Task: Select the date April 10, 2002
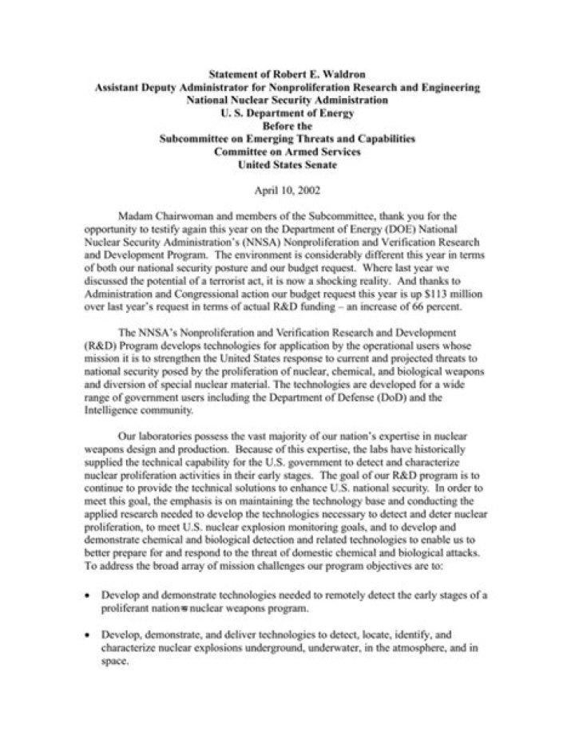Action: (287, 192)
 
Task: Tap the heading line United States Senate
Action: (287, 166)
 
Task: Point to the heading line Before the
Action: (287, 127)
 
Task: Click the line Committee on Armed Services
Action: (287, 152)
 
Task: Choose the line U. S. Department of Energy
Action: (287, 114)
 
